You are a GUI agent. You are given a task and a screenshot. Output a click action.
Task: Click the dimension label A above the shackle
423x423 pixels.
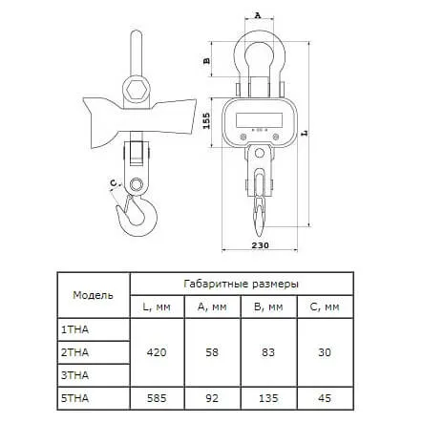coord(258,15)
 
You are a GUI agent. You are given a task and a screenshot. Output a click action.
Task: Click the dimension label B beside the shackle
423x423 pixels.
coord(207,60)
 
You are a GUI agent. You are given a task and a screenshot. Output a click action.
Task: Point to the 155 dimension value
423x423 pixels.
coord(207,120)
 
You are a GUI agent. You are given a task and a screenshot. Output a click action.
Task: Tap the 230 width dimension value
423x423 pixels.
coord(260,245)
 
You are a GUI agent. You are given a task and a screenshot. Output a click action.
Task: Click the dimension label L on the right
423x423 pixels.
coord(305,133)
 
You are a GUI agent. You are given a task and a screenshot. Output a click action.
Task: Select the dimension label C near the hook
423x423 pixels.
coord(114,183)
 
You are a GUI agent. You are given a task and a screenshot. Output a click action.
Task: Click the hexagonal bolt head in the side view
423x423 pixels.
coord(137,90)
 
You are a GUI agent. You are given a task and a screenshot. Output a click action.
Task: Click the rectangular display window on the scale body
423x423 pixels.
coord(259,119)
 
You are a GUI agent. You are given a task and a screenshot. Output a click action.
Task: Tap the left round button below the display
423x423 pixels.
coord(243,137)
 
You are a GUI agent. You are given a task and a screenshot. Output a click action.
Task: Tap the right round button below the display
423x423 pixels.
coord(276,137)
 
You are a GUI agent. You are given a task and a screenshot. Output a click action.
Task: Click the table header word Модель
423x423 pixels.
coord(93,295)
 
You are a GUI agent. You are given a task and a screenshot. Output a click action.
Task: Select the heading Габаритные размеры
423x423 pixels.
coord(242,284)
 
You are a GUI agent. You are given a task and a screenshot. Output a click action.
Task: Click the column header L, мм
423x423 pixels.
coord(157,307)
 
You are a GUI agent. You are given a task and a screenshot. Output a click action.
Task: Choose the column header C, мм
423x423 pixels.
coord(325,307)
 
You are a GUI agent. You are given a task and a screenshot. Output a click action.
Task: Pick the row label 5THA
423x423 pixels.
coord(74,398)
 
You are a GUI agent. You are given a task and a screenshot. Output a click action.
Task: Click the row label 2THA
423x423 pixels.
coord(74,352)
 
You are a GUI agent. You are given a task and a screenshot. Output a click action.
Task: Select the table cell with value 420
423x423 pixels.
coord(157,352)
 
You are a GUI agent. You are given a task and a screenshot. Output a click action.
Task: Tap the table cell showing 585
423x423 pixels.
coord(157,398)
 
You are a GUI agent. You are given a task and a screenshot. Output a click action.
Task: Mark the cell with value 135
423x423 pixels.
coord(268,398)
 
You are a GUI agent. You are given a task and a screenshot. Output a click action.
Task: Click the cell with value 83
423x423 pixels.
coord(268,352)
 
